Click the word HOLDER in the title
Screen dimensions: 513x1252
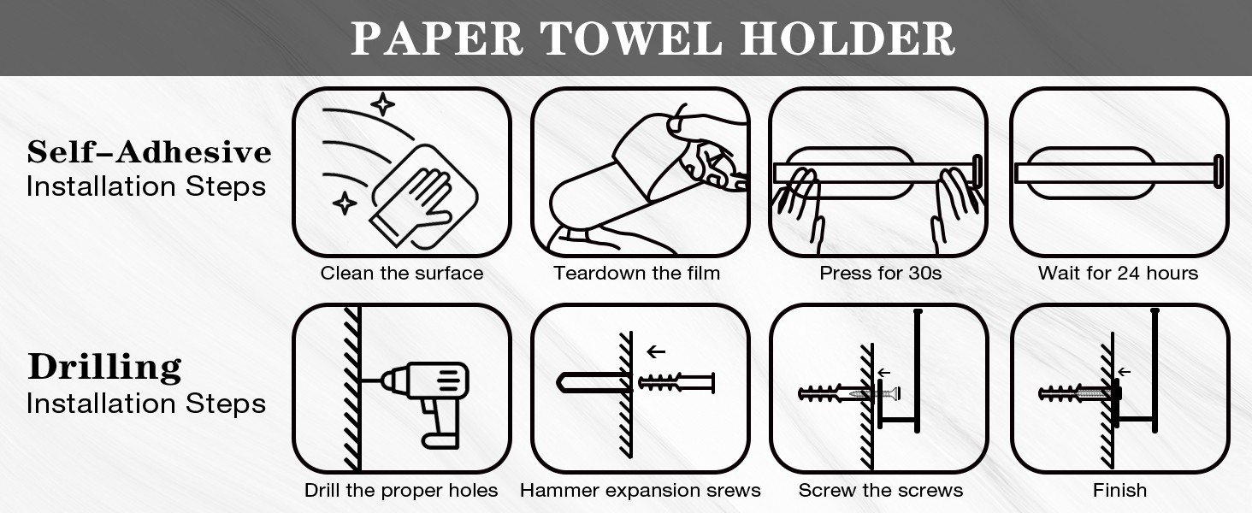click(x=847, y=39)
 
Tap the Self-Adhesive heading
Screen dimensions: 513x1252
click(x=149, y=152)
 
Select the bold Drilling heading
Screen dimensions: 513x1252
click(x=104, y=368)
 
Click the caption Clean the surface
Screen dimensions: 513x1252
click(x=402, y=274)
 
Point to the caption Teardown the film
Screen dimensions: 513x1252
click(x=637, y=274)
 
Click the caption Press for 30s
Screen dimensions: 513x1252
click(x=881, y=274)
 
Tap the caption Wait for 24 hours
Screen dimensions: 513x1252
click(x=1118, y=274)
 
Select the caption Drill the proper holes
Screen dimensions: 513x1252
click(x=401, y=491)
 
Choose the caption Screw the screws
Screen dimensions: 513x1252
click(x=881, y=491)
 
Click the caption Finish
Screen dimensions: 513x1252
click(x=1119, y=491)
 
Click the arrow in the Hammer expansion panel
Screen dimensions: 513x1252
click(x=656, y=351)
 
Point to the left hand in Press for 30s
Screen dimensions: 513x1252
click(x=799, y=205)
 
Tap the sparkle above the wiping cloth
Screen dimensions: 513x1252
click(x=382, y=104)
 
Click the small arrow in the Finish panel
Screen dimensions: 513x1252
click(x=1124, y=372)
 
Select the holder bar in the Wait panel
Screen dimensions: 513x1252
click(x=1112, y=173)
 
